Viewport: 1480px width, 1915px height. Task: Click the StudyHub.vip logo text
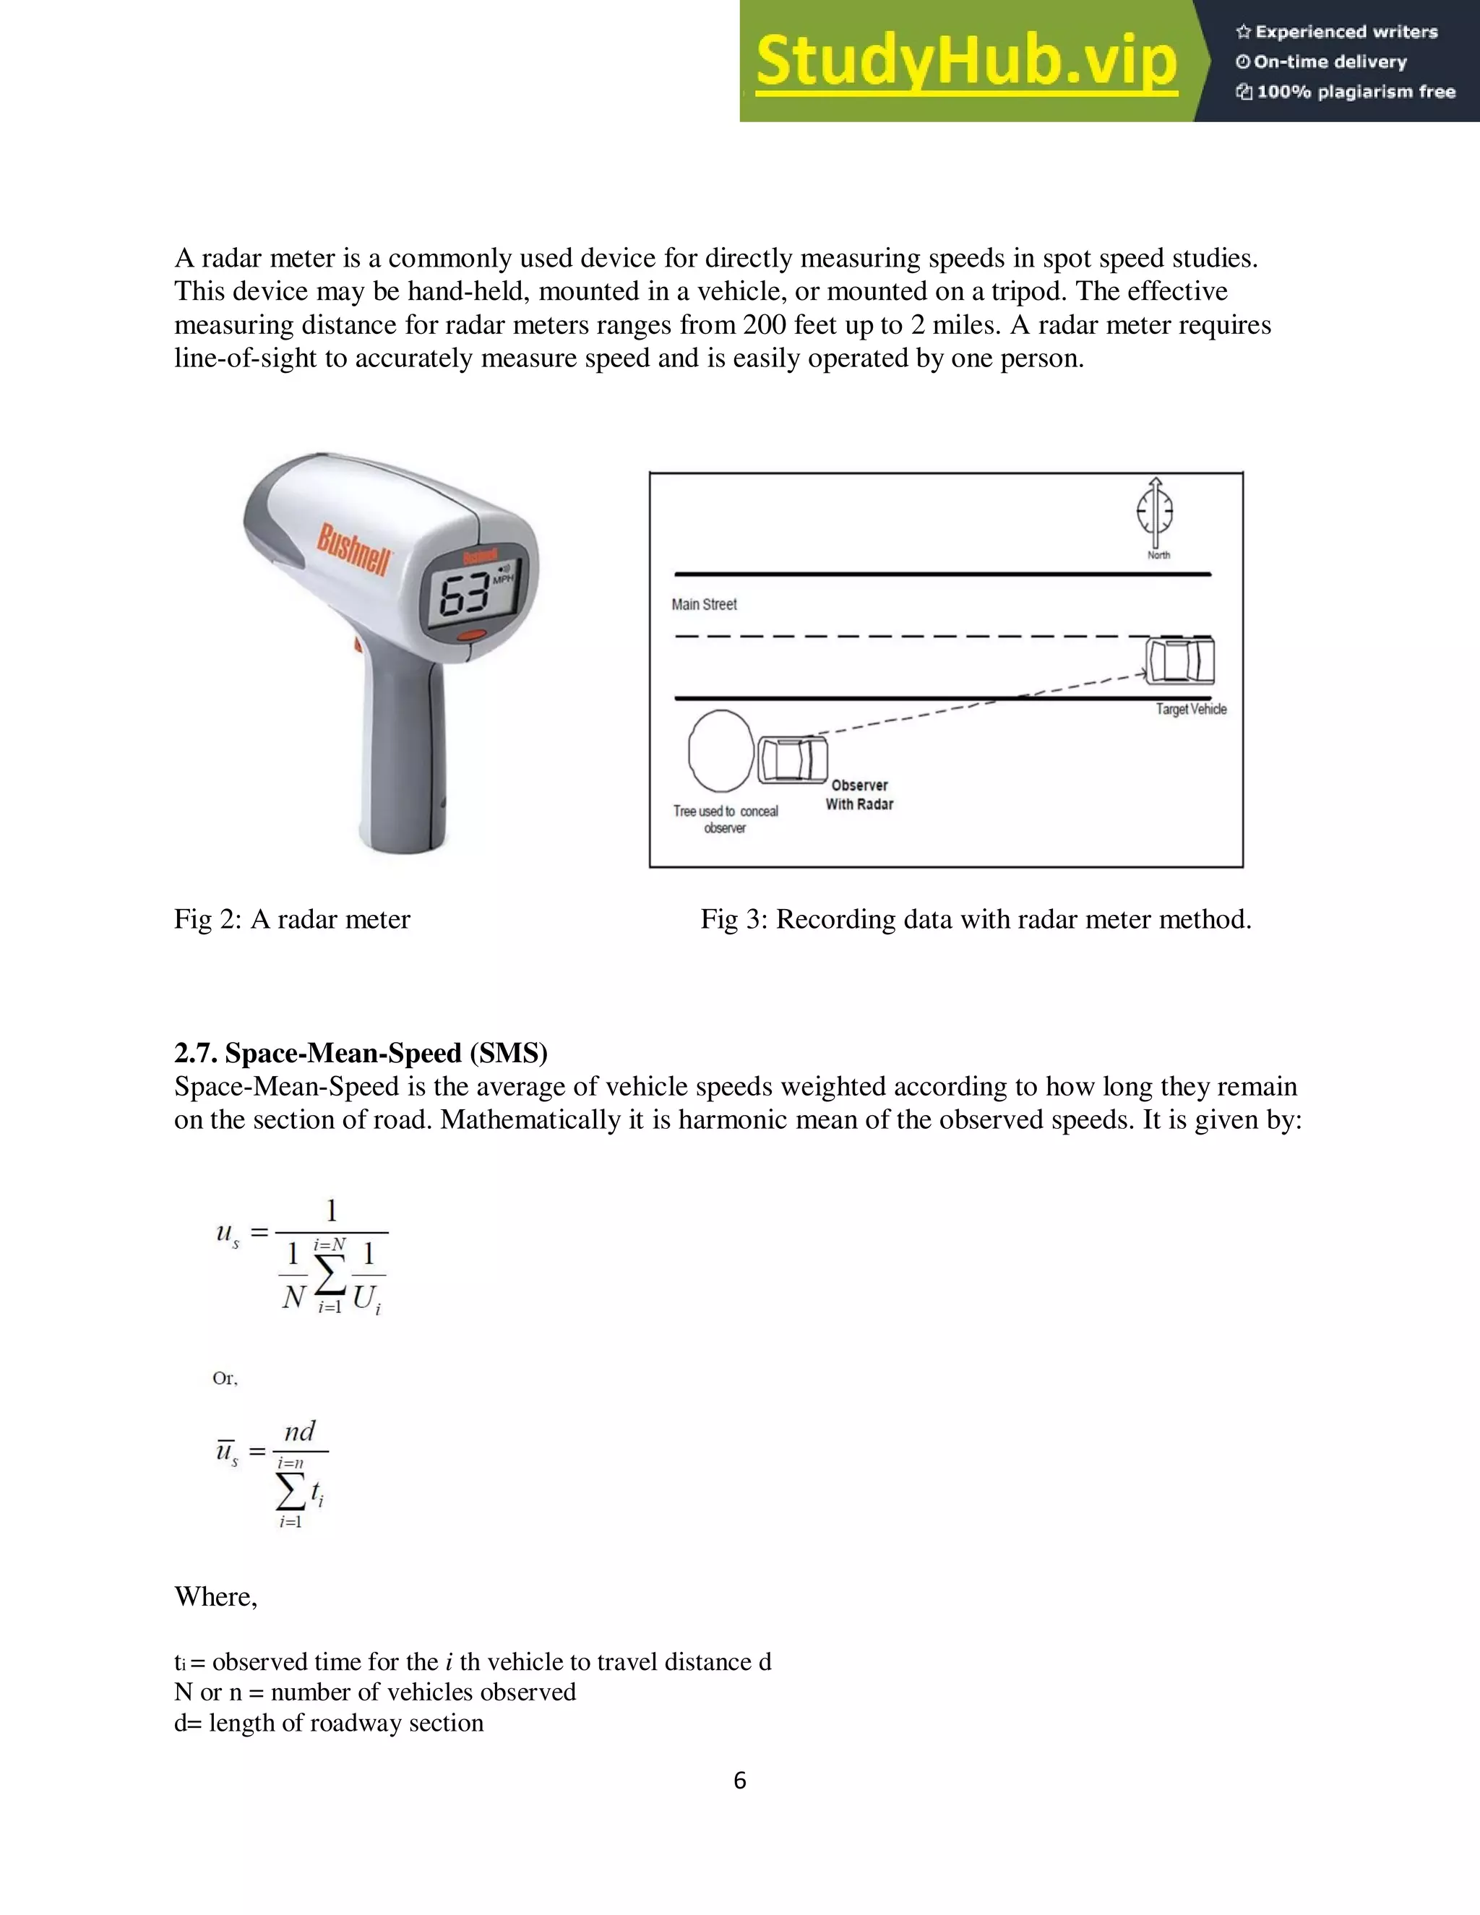[965, 61]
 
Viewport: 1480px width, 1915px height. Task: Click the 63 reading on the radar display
[465, 597]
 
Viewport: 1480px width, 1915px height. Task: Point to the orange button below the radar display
[471, 634]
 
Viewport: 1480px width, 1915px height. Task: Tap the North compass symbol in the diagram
[1156, 510]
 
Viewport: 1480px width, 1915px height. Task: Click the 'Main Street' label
[704, 604]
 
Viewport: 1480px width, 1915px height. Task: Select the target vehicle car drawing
[1180, 661]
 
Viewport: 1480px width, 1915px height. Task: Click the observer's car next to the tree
[793, 759]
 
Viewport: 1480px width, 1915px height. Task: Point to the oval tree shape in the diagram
[720, 752]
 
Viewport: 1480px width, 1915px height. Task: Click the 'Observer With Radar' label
[859, 794]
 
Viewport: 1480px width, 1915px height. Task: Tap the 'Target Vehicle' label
[1191, 710]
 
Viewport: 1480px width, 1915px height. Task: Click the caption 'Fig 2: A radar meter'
[292, 919]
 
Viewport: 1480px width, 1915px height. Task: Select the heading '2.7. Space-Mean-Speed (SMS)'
[361, 1052]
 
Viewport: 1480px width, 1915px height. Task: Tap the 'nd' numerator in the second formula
[300, 1431]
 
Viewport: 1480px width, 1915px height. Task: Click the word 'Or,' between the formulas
[225, 1378]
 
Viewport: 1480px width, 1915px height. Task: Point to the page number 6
[739, 1780]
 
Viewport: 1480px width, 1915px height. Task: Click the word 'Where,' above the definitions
[215, 1596]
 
